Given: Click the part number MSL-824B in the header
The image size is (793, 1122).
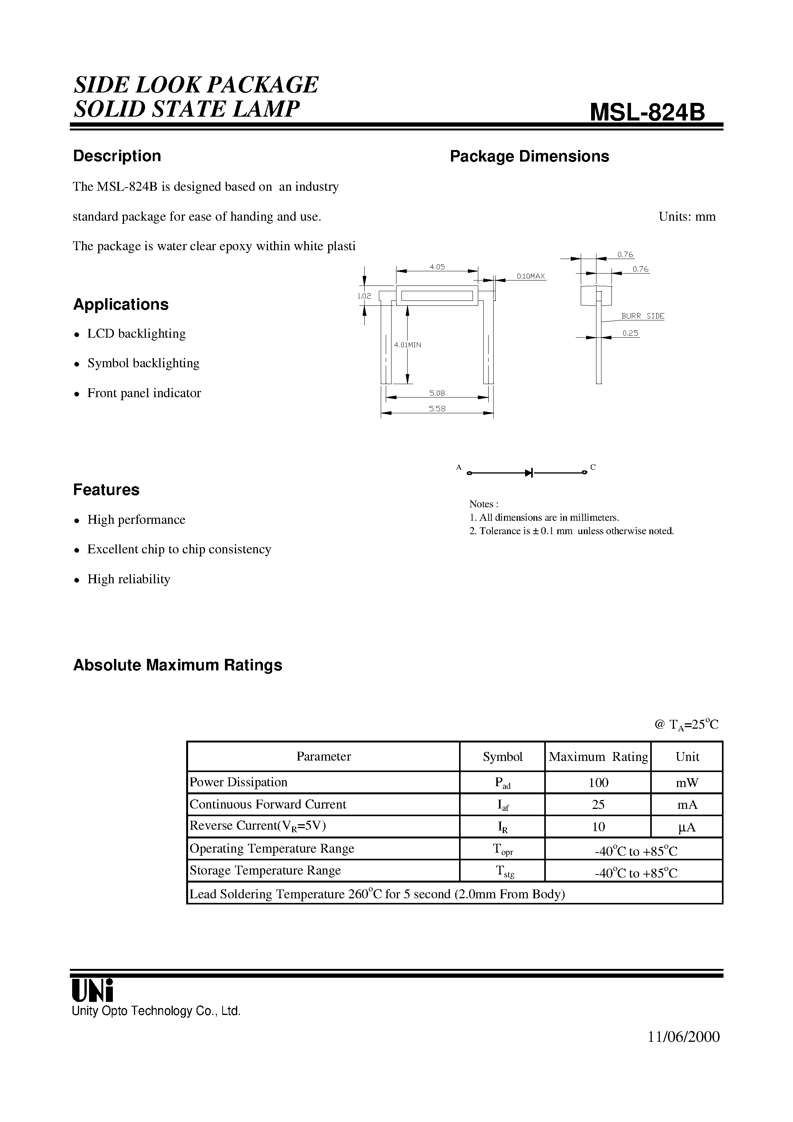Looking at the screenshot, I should pyautogui.click(x=647, y=112).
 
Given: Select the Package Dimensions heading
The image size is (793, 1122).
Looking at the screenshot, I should pyautogui.click(x=529, y=157).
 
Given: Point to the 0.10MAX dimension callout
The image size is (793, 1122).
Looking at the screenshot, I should pyautogui.click(x=530, y=277).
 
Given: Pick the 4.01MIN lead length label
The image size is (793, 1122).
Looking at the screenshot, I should pyautogui.click(x=407, y=345).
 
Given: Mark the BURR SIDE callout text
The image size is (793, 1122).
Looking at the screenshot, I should pyautogui.click(x=643, y=316).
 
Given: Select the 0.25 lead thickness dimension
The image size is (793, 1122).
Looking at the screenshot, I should pyautogui.click(x=631, y=333).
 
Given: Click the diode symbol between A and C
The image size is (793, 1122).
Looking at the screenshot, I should pyautogui.click(x=529, y=472).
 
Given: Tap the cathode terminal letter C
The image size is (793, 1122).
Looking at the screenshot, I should pyautogui.click(x=593, y=467).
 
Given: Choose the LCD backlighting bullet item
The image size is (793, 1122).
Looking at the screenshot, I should pyautogui.click(x=136, y=334).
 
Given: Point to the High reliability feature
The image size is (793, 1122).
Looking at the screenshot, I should pyautogui.click(x=129, y=579).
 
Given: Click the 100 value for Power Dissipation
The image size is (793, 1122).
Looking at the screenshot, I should pyautogui.click(x=598, y=783).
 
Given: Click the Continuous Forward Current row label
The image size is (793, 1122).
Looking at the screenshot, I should pyautogui.click(x=268, y=804).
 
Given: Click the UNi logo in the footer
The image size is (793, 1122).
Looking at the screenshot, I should pyautogui.click(x=93, y=990).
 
